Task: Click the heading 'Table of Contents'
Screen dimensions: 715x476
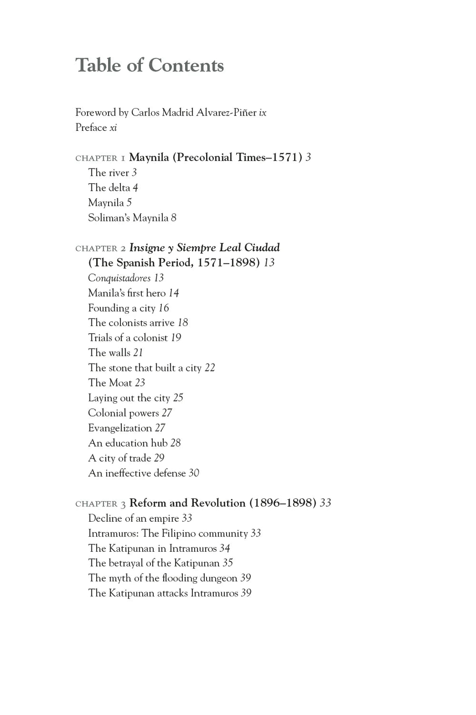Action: [x=149, y=66]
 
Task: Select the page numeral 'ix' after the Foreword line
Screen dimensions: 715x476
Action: [x=263, y=113]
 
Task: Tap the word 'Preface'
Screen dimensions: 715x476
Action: [x=91, y=128]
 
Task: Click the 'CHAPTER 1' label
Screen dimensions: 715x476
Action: [x=100, y=158]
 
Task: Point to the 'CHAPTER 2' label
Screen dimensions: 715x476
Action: [x=100, y=248]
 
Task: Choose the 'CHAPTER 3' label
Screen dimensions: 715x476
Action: [x=100, y=504]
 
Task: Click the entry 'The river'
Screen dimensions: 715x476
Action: [x=109, y=173]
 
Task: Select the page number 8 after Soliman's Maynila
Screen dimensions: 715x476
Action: [x=174, y=218]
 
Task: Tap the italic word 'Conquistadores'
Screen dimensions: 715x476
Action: [x=119, y=278]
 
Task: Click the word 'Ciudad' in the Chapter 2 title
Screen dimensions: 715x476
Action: [x=262, y=248]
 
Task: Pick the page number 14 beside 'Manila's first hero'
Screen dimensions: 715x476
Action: [x=174, y=293]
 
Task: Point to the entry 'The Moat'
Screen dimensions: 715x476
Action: [x=110, y=383]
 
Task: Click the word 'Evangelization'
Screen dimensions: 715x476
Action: [x=120, y=428]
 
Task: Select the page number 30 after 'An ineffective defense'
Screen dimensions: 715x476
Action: [x=194, y=473]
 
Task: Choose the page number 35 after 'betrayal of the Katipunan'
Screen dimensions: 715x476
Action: [x=228, y=563]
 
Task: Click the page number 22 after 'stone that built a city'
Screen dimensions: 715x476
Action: [x=210, y=368]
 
